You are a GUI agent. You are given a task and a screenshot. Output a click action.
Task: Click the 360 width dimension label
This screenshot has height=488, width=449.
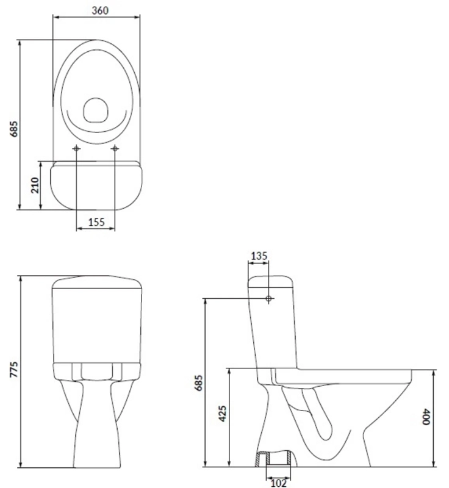(x=97, y=10)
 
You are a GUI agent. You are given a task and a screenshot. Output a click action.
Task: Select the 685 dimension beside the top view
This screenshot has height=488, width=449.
(x=15, y=129)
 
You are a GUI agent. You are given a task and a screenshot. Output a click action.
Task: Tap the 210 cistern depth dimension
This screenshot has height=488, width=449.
(x=35, y=185)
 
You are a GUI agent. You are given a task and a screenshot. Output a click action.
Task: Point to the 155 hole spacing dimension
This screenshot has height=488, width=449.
(x=96, y=223)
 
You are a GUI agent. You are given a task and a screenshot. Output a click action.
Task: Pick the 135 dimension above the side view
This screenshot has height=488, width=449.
(x=259, y=256)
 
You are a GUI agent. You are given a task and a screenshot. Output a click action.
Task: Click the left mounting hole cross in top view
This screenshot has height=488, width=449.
(x=76, y=148)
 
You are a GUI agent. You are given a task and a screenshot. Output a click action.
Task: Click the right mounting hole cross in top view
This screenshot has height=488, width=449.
(x=115, y=148)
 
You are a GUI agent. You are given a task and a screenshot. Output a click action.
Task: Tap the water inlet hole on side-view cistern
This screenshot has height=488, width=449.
(x=268, y=298)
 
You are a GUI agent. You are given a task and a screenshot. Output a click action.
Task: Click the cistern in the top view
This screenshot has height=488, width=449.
(x=96, y=186)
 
